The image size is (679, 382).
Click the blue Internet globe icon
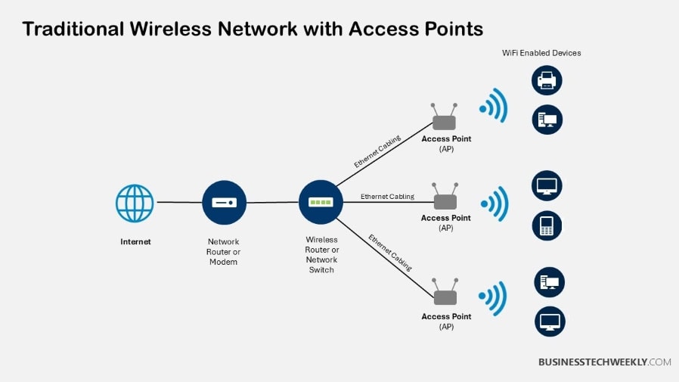coord(135,203)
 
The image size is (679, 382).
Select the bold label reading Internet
coord(135,242)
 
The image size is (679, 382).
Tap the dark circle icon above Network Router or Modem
coord(225,203)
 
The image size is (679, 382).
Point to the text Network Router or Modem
coord(223,252)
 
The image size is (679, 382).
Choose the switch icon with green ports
coord(321,202)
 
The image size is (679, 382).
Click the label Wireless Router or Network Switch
coord(321,254)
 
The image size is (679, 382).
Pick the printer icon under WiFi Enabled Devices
coord(547,80)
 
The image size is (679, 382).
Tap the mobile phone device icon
coord(547,225)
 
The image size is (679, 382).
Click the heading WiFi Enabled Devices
coord(541,53)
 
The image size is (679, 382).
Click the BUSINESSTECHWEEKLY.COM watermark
coord(604,362)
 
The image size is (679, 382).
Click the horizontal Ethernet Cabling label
coord(387,197)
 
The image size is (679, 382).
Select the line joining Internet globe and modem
coord(178,203)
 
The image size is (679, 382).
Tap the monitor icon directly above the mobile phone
coord(547,186)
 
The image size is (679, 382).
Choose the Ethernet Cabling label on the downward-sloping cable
coord(390,253)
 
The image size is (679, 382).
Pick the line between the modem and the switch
coord(273,203)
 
